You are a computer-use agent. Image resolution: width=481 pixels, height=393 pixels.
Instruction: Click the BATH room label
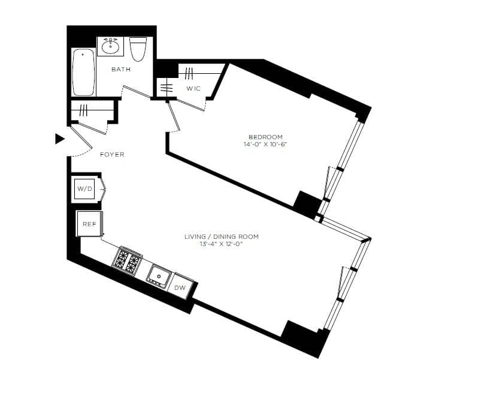121,70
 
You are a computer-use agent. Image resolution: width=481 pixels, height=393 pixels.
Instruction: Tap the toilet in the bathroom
138,49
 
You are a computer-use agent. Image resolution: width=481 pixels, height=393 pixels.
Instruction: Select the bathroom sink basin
110,46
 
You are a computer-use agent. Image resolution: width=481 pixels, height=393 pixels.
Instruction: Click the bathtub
84,73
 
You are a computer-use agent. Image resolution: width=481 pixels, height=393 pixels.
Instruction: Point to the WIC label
193,89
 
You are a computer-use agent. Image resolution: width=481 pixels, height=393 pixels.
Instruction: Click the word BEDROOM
265,137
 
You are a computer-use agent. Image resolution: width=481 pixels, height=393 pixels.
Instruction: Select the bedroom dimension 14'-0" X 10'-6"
265,145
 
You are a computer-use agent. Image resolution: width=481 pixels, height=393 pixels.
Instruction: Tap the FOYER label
112,155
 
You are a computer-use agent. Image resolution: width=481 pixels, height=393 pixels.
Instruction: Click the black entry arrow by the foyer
59,139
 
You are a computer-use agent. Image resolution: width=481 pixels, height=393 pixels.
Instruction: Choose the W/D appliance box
85,190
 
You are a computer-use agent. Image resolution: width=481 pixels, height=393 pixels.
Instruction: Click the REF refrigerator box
89,224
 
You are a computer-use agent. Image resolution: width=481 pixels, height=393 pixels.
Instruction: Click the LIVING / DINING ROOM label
222,237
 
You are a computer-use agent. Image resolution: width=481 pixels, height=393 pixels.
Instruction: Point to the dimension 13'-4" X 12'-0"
222,244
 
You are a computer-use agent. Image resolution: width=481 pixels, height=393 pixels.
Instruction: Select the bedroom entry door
174,117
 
